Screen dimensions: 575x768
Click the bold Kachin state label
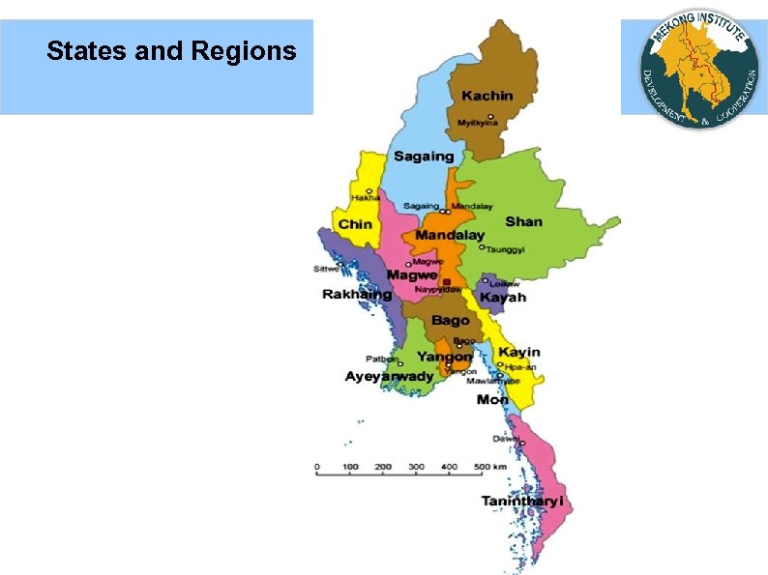click(x=487, y=96)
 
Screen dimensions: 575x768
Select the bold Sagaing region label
click(x=423, y=156)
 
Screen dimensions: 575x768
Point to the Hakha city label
click(x=352, y=198)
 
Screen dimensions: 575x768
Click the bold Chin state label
click(x=354, y=224)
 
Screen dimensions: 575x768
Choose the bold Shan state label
click(x=523, y=221)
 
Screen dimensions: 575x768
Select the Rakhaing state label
click(x=357, y=294)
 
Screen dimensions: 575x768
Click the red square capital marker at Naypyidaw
click(x=446, y=281)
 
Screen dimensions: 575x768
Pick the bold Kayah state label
click(x=503, y=298)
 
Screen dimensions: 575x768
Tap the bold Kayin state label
click(x=519, y=352)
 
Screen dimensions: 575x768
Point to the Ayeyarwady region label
click(x=390, y=376)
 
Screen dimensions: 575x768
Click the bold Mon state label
click(x=492, y=399)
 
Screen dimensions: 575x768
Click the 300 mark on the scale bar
click(x=416, y=467)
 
